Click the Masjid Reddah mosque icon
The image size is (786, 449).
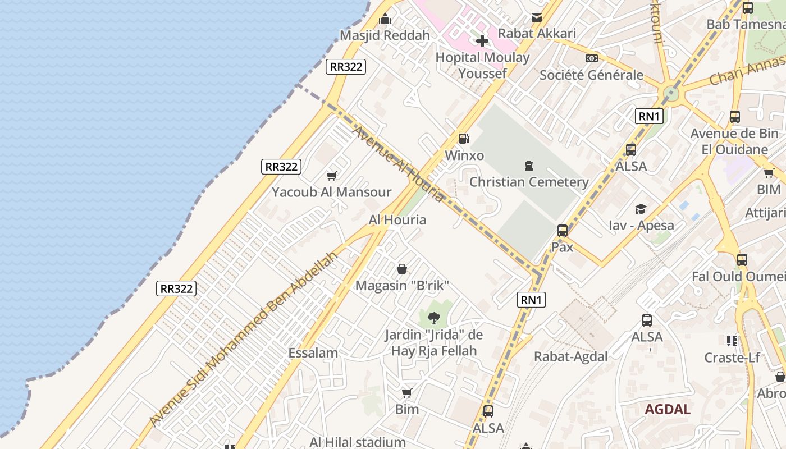tap(385, 19)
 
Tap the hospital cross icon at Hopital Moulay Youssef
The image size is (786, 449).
tap(482, 40)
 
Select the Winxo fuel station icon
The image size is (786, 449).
tap(464, 139)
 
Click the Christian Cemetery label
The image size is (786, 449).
tap(528, 182)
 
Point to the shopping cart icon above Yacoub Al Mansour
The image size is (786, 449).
tap(332, 176)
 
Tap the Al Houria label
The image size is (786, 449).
tap(397, 220)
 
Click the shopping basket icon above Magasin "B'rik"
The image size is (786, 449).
tap(402, 269)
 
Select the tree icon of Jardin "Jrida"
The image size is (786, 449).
tap(433, 318)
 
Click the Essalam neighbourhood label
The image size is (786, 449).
tap(313, 353)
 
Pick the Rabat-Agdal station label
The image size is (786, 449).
tap(570, 356)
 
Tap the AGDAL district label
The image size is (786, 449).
tap(667, 409)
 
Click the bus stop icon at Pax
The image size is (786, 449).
tap(562, 230)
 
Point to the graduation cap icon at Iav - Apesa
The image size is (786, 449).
tap(641, 209)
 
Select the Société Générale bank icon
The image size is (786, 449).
tap(591, 58)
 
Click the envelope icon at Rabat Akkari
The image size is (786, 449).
tap(537, 17)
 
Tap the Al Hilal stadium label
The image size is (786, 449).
tap(357, 442)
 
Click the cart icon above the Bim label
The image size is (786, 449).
tap(406, 393)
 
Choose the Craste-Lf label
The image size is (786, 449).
tap(732, 358)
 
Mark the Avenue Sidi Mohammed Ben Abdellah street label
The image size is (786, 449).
tap(244, 338)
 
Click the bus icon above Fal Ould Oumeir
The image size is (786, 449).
tap(742, 260)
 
